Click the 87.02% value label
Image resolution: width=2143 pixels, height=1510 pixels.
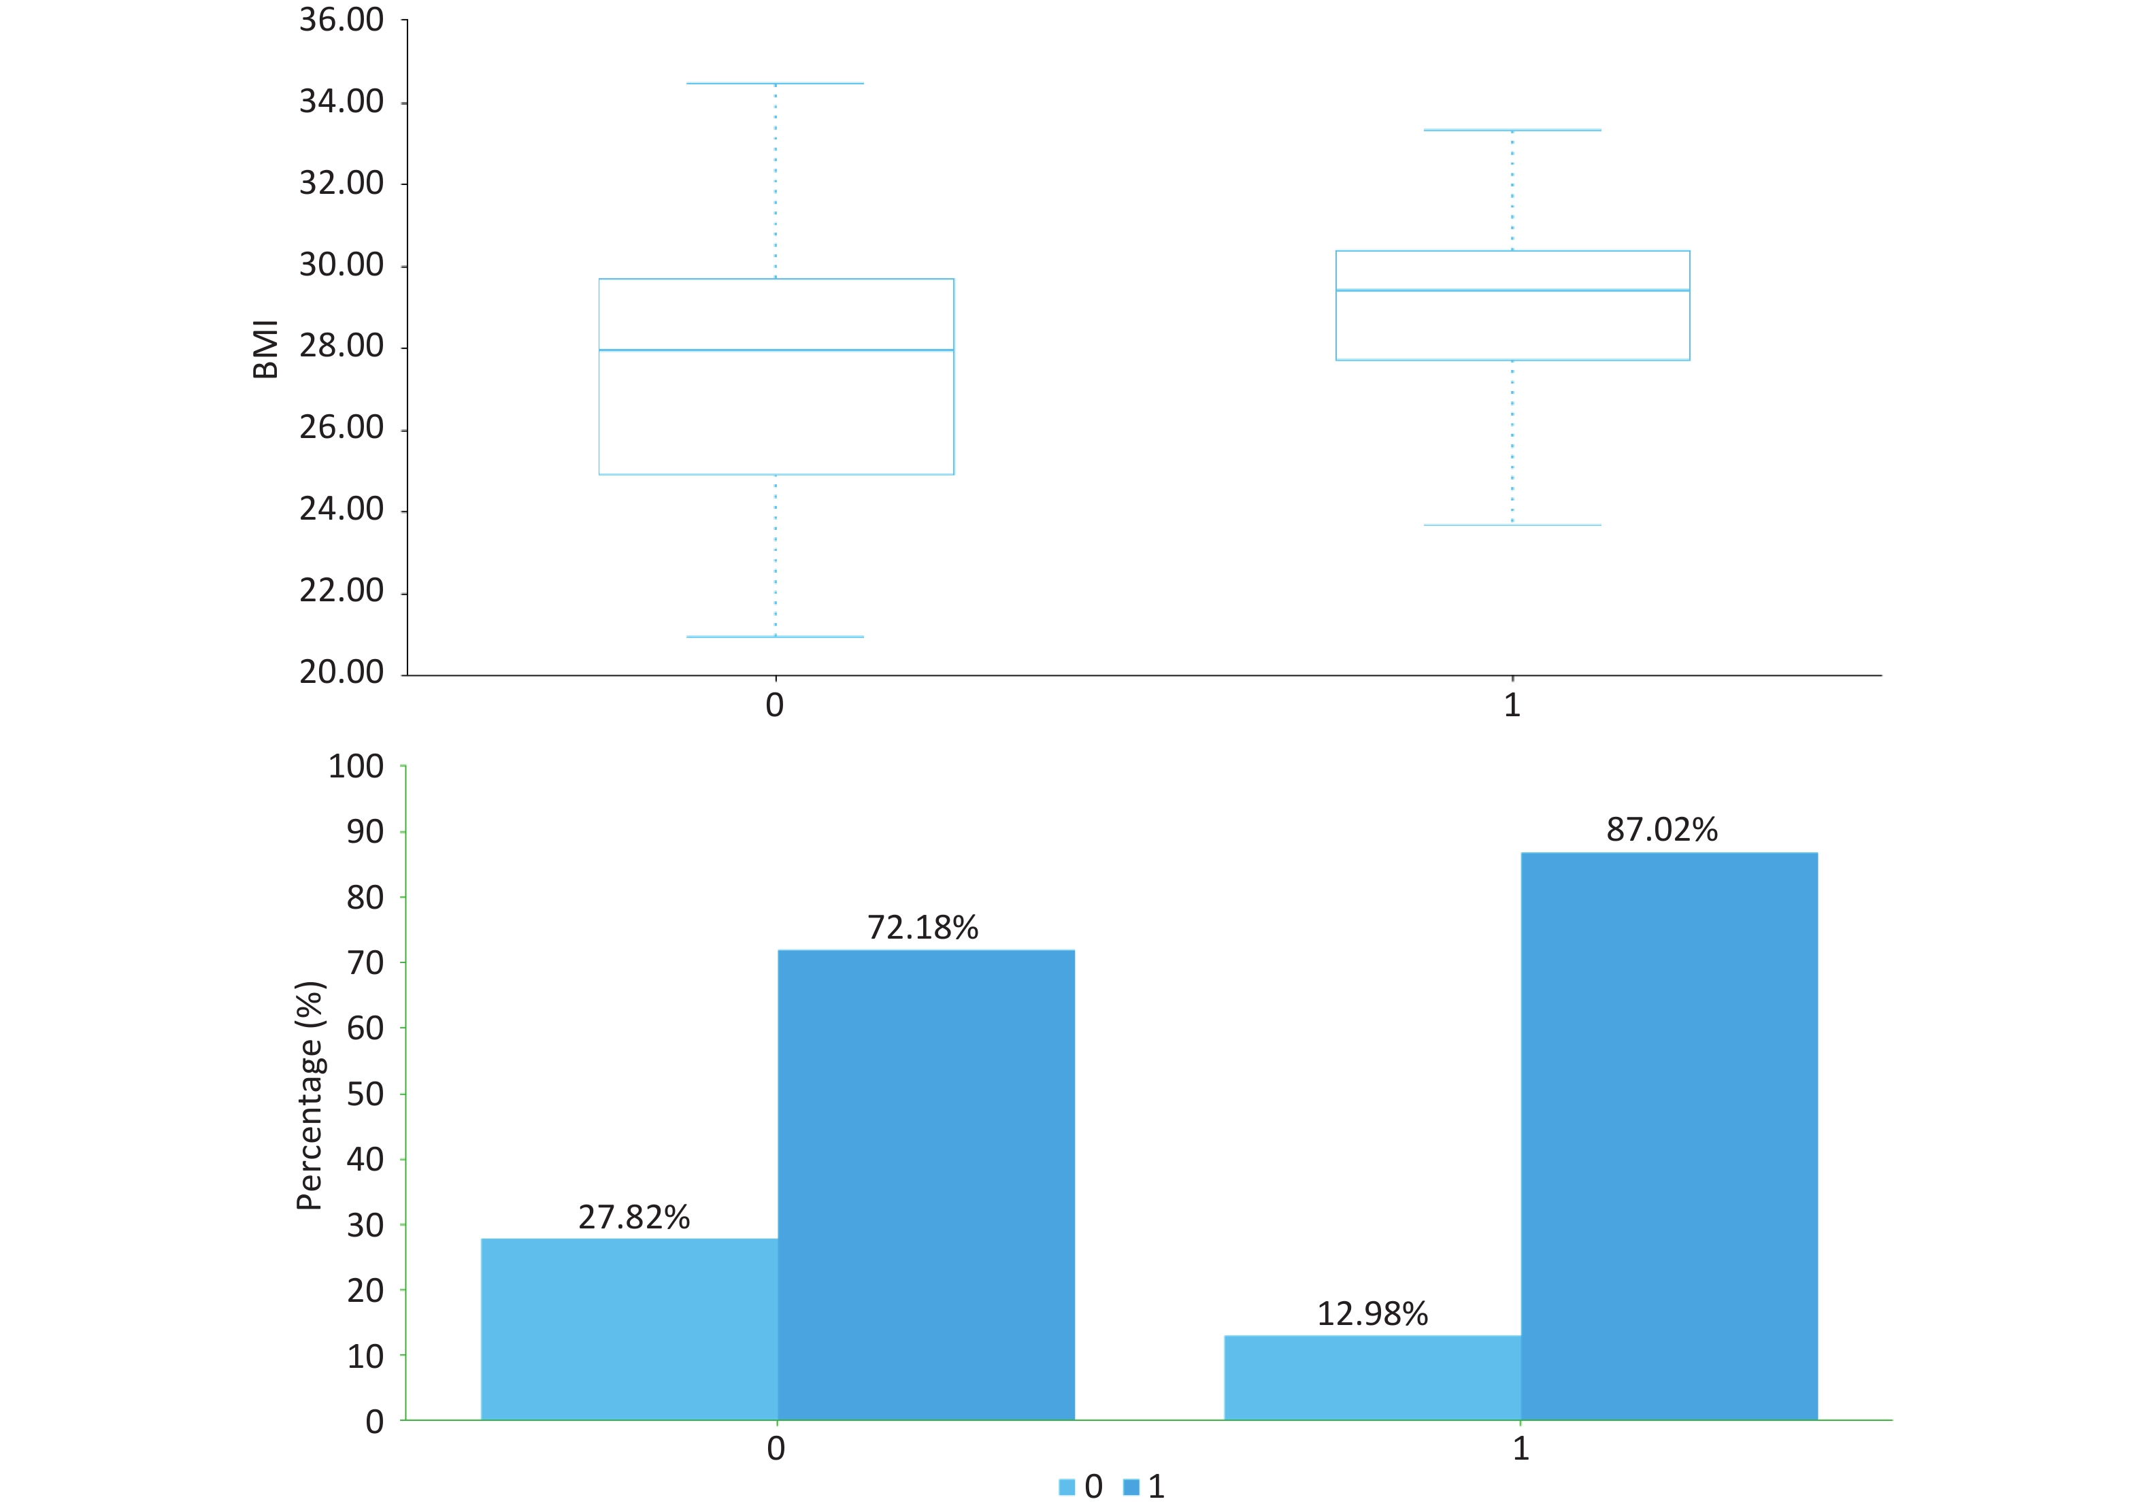tap(1661, 830)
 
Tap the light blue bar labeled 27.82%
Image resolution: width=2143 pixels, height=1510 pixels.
tap(629, 1329)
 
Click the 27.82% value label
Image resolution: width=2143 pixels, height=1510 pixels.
tap(634, 1217)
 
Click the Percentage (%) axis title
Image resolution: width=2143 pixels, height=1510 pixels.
tap(309, 1096)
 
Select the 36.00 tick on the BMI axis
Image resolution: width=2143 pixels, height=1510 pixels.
tap(342, 20)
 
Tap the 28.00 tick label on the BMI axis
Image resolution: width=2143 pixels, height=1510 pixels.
tap(342, 346)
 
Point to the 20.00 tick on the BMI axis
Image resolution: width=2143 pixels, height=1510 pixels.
tap(342, 672)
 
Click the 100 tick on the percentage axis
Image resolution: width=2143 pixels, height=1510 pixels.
tap(356, 767)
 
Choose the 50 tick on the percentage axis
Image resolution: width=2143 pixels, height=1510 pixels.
tap(365, 1094)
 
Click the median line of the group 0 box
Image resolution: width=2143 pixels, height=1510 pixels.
tap(776, 350)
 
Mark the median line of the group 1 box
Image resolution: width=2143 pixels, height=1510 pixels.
tap(1512, 290)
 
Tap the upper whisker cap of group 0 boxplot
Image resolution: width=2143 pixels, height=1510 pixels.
tap(775, 84)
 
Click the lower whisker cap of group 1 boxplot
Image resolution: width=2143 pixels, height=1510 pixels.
tap(1512, 525)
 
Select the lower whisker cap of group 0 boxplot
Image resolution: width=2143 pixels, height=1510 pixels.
tap(775, 637)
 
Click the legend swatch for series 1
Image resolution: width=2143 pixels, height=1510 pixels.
tap(1131, 1488)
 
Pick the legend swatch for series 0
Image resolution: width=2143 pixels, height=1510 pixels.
tap(1067, 1488)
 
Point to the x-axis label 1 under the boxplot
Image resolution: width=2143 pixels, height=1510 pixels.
tap(1512, 705)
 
